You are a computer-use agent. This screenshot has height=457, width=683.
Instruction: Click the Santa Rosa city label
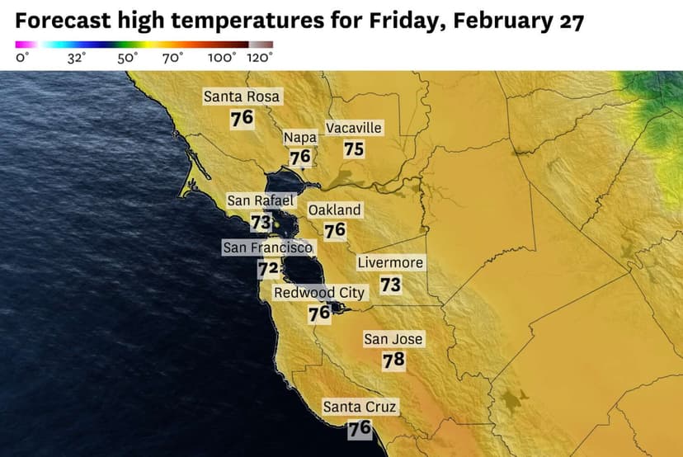(x=242, y=97)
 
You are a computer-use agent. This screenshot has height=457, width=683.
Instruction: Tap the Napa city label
(x=299, y=138)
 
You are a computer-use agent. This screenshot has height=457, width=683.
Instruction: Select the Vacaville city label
(x=354, y=128)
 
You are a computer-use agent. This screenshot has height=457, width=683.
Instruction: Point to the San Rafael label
(x=261, y=200)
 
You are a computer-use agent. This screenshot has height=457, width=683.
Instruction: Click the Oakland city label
(x=334, y=210)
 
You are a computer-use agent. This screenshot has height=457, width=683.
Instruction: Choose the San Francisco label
(x=268, y=247)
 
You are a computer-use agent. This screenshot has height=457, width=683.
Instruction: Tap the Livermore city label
(x=390, y=263)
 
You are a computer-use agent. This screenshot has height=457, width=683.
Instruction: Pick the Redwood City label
(x=319, y=293)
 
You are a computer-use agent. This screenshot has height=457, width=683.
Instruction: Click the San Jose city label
(x=393, y=339)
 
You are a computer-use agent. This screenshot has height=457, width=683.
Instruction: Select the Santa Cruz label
(x=360, y=407)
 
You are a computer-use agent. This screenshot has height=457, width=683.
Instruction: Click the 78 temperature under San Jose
(x=393, y=360)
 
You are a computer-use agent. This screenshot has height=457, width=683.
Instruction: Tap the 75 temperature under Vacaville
(x=354, y=149)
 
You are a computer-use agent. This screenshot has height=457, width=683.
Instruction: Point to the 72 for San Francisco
(x=267, y=268)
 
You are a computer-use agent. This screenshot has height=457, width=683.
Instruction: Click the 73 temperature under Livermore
(x=390, y=285)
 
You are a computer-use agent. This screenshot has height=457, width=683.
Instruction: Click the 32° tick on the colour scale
(x=77, y=58)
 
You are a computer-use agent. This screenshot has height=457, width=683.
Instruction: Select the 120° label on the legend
(x=260, y=58)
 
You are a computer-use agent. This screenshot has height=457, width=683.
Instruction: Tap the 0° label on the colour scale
(x=23, y=58)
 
